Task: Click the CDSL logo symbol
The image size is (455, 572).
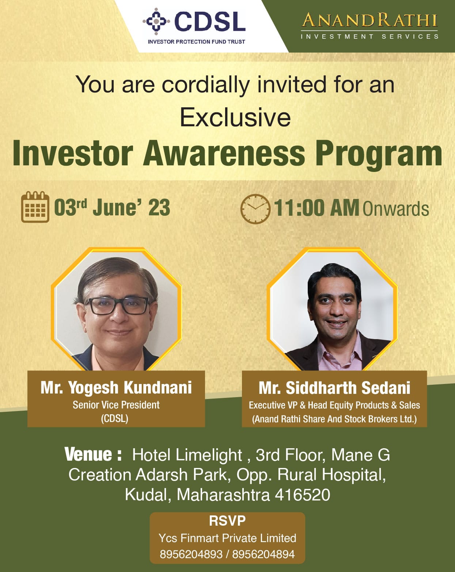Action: tap(156, 21)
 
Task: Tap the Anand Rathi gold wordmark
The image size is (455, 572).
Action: tap(370, 20)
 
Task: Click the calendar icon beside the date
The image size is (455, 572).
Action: tap(35, 207)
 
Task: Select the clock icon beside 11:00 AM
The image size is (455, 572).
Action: tap(255, 209)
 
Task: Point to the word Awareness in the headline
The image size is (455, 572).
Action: tap(224, 154)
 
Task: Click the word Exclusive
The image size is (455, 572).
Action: tap(235, 117)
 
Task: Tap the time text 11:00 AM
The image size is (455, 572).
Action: tap(316, 208)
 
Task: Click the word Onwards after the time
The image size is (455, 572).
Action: tap(396, 209)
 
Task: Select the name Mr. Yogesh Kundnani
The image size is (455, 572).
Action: tap(116, 388)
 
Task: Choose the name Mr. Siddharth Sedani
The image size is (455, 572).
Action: tap(334, 388)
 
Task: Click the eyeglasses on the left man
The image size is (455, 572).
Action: tap(117, 306)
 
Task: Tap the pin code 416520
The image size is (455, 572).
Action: tap(302, 495)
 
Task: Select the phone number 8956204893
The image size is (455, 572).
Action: tap(191, 554)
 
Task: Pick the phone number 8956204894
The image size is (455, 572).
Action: tap(263, 554)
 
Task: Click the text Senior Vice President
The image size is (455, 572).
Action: tap(116, 405)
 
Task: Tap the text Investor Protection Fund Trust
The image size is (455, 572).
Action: tap(196, 42)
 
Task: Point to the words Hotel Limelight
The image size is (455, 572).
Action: tap(187, 455)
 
